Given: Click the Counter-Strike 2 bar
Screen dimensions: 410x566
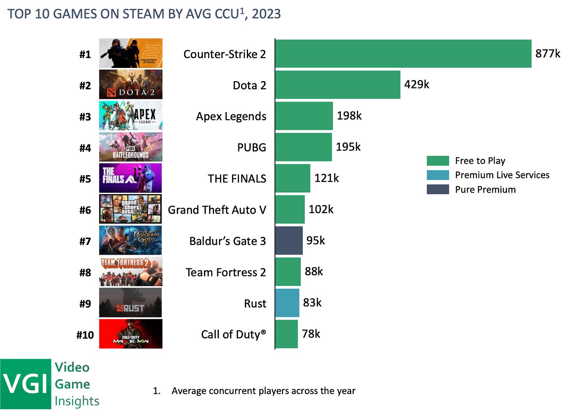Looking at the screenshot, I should pyautogui.click(x=403, y=54).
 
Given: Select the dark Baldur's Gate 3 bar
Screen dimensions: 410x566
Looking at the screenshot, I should pyautogui.click(x=289, y=241).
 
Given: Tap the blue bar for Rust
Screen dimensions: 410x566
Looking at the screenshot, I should pyautogui.click(x=287, y=303).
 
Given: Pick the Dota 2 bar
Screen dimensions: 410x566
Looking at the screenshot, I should pyautogui.click(x=338, y=85).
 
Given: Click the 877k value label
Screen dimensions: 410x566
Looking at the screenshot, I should pyautogui.click(x=547, y=54).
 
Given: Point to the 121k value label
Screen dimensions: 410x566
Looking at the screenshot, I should pyautogui.click(x=327, y=178).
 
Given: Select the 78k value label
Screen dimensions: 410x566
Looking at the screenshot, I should pyautogui.click(x=311, y=334).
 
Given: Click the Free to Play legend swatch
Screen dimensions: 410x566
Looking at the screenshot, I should pyautogui.click(x=438, y=161).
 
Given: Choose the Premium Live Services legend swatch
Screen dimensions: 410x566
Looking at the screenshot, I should pyautogui.click(x=438, y=175).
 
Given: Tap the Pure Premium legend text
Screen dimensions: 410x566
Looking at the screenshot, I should pyautogui.click(x=485, y=189).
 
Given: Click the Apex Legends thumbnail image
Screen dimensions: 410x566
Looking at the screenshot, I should pyautogui.click(x=131, y=116).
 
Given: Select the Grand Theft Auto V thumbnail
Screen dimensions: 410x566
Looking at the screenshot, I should pyautogui.click(x=131, y=209).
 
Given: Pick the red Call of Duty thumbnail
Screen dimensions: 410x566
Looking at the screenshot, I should pyautogui.click(x=131, y=334).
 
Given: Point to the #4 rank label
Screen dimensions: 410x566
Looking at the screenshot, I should pyautogui.click(x=85, y=148).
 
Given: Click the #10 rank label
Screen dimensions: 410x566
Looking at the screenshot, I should pyautogui.click(x=85, y=335).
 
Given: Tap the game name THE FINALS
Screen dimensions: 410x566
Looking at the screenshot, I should pyautogui.click(x=237, y=179).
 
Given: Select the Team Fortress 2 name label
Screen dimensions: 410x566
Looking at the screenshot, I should pyautogui.click(x=225, y=272).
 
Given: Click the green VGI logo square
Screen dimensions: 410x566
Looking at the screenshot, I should pyautogui.click(x=26, y=384).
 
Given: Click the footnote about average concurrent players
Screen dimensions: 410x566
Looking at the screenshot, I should pyautogui.click(x=263, y=391).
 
